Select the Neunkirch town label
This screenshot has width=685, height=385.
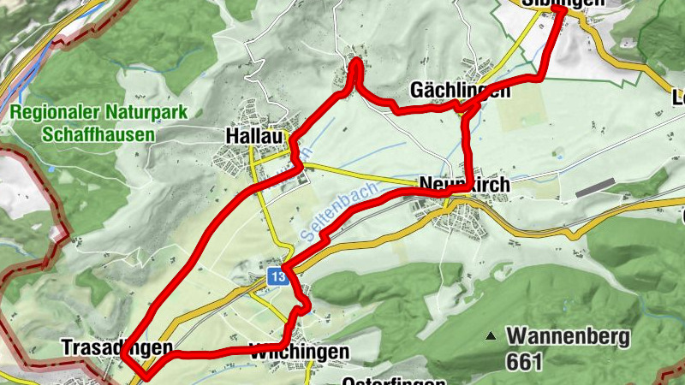(x=465, y=184)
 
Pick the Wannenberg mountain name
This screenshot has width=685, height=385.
(x=568, y=335)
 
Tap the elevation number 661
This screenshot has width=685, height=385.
(x=524, y=362)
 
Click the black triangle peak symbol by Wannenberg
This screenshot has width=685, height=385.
(x=490, y=336)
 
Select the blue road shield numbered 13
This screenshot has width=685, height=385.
(x=276, y=277)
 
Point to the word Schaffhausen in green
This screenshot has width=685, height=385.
(x=98, y=135)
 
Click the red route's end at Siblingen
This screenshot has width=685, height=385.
(x=559, y=12)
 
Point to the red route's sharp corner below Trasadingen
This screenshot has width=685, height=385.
(x=146, y=375)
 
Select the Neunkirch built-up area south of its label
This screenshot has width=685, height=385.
(x=462, y=221)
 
